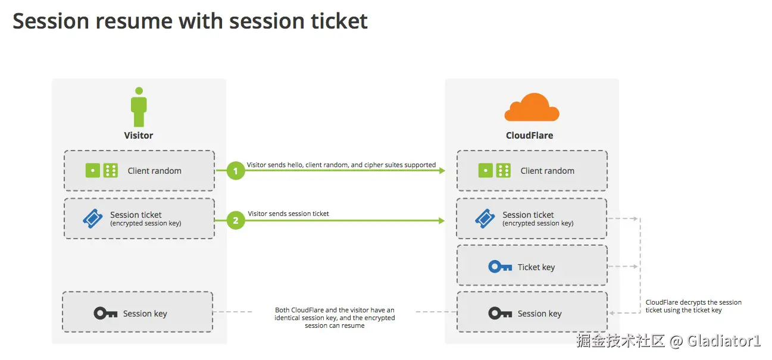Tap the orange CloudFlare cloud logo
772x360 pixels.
tap(532, 108)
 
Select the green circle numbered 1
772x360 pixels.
tap(236, 171)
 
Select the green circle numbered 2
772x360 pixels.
tap(236, 220)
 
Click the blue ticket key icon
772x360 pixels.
tap(500, 267)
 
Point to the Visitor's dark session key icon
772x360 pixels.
tap(105, 313)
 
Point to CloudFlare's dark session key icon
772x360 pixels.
tap(500, 313)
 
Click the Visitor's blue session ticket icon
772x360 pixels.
tap(93, 218)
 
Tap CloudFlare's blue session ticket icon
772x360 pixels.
tap(485, 218)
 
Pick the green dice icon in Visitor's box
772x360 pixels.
tap(102, 171)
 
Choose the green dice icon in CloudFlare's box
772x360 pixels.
tap(495, 171)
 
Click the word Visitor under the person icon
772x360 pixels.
tap(139, 135)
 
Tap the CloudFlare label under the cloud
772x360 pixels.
tap(529, 135)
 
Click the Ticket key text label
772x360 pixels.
tap(536, 267)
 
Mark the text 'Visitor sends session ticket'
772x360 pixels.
tap(288, 214)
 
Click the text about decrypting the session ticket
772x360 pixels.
tap(693, 306)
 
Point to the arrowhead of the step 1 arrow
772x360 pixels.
tap(442, 171)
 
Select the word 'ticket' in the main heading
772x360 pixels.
tap(338, 21)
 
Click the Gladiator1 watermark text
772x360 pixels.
tap(724, 341)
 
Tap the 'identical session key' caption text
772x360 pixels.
tap(335, 318)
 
